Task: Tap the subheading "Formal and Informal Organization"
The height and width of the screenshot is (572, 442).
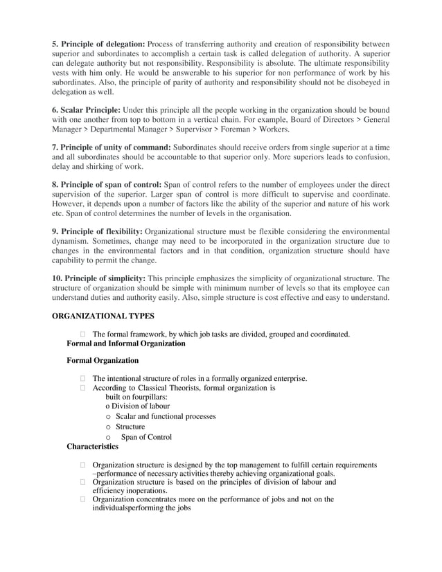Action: (125, 343)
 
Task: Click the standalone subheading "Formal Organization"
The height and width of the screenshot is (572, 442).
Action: (103, 360)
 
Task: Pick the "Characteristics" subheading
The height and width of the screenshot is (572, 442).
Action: (94, 447)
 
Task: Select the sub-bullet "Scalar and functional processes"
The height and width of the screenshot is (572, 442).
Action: (166, 417)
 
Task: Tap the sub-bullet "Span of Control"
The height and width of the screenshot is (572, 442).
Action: (146, 437)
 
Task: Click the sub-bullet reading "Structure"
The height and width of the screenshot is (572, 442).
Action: (130, 427)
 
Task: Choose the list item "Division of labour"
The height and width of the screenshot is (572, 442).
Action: (141, 406)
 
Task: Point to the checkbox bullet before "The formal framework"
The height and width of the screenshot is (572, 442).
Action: (83, 334)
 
